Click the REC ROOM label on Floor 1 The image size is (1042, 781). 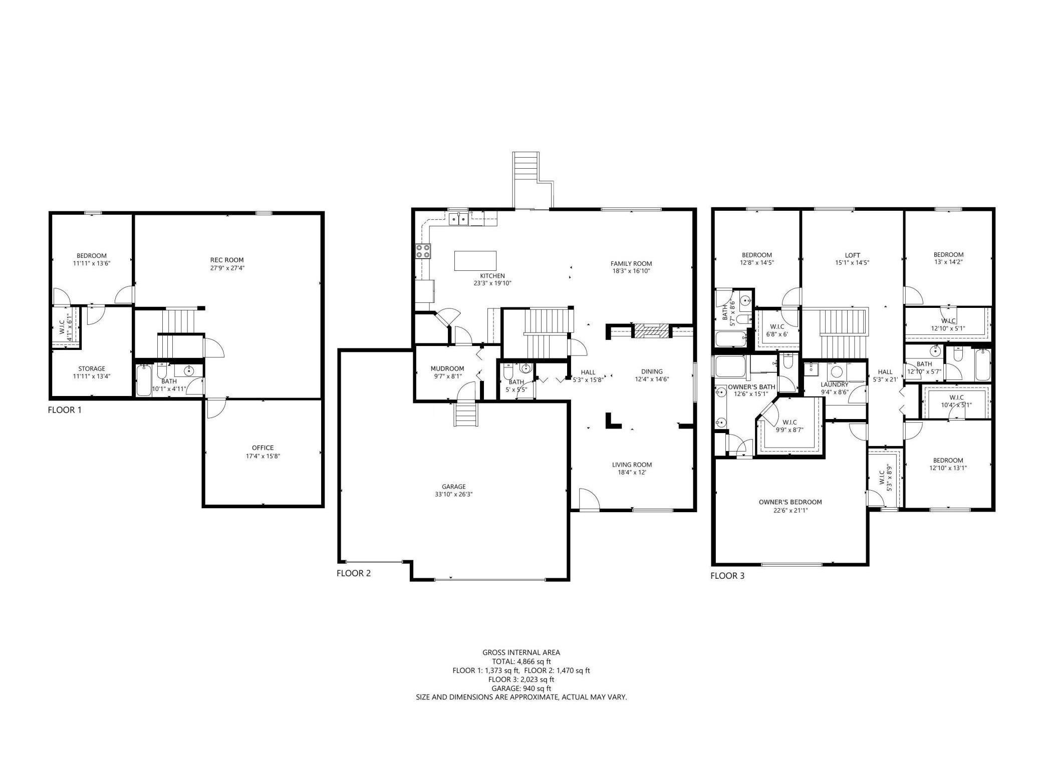pos(227,260)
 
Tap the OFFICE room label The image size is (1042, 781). pos(263,448)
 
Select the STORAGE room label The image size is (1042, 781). pos(92,368)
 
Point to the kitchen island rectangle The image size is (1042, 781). pos(475,260)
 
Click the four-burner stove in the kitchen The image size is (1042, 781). pos(423,251)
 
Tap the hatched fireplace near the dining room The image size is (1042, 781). pos(652,330)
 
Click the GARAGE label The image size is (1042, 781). pos(454,486)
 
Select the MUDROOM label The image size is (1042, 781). pos(447,368)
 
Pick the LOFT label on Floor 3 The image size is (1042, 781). pos(852,255)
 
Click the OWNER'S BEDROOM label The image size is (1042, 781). pos(790,502)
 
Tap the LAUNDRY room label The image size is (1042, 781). pos(834,384)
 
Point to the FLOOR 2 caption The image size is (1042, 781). pos(354,573)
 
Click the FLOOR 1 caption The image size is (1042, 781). pos(65,410)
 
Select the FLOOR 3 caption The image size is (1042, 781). pos(727,576)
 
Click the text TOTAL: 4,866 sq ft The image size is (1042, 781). pos(521,661)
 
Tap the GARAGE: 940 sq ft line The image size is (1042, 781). pos(521,688)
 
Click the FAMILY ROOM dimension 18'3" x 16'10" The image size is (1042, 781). pos(631,271)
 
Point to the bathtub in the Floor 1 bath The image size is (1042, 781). pos(144,379)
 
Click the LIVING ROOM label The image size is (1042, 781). pos(632,465)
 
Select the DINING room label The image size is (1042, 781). pos(652,371)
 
